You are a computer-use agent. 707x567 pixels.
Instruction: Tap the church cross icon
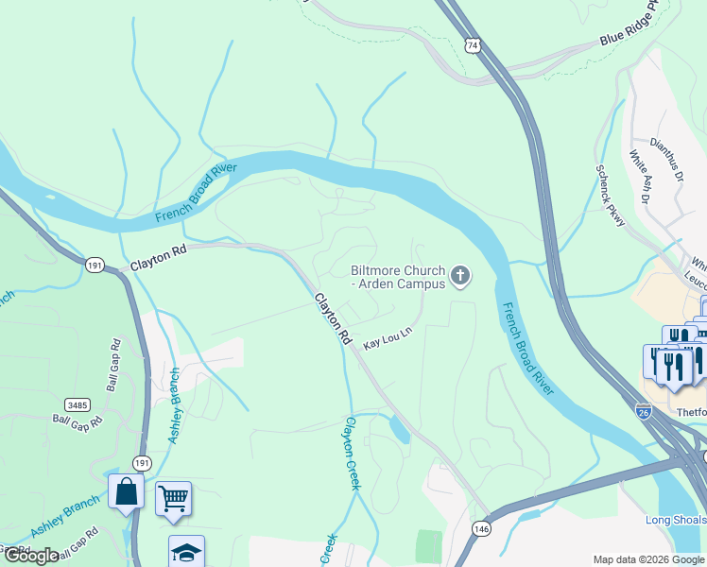click(460, 277)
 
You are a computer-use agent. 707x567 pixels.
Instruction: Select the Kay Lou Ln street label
click(388, 340)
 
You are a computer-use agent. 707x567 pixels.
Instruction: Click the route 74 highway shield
click(473, 44)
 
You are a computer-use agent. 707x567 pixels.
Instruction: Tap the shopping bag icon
click(126, 492)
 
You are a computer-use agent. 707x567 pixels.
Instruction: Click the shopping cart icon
click(173, 497)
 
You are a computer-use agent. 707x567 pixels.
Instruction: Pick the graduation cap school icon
click(186, 552)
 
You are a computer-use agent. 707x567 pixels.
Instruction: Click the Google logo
click(32, 555)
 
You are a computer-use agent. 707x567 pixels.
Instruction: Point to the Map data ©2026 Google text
click(648, 559)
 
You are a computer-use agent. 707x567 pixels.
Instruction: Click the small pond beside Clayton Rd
click(398, 429)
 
